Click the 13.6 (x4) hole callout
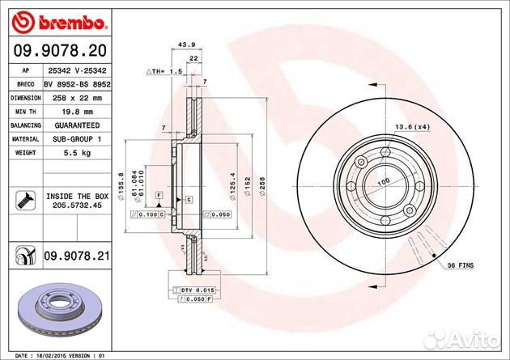(412, 126)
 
